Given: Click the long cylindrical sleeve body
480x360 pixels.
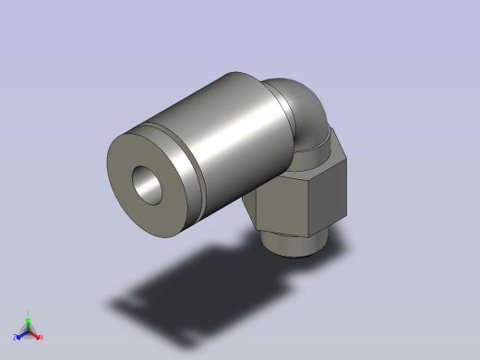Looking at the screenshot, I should (231, 129).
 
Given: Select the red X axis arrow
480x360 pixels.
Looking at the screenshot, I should (35, 334).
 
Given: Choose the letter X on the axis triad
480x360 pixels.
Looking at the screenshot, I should (41, 337).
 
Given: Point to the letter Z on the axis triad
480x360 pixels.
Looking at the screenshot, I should (16, 337).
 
